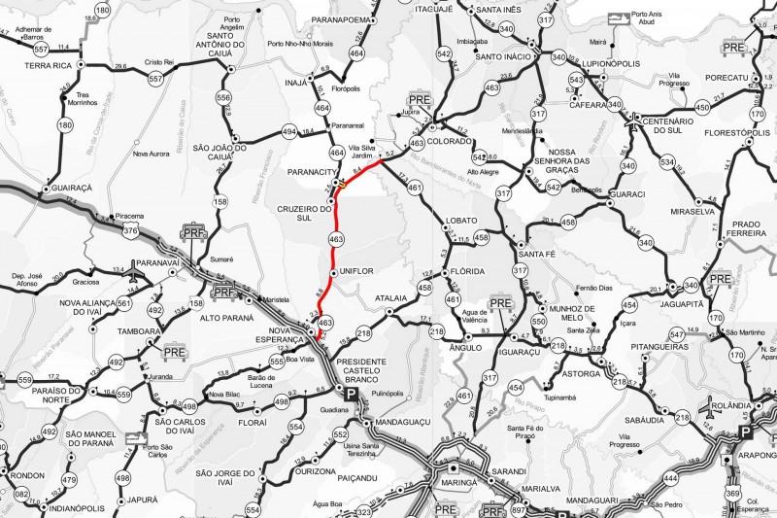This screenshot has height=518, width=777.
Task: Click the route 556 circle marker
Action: (224, 97)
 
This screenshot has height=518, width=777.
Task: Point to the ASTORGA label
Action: (581, 371)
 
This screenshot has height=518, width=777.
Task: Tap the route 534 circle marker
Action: (666, 161)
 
